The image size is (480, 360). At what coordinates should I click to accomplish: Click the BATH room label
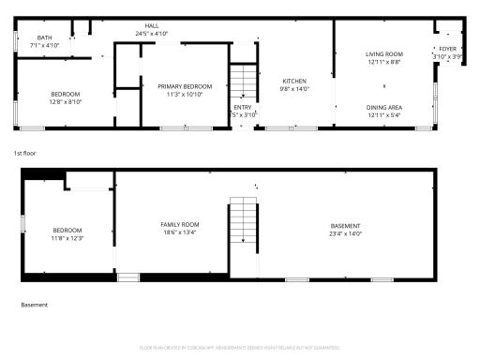(x=44, y=38)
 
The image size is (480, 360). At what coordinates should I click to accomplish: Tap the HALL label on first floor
(x=151, y=26)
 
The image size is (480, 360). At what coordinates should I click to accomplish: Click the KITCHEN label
(x=295, y=82)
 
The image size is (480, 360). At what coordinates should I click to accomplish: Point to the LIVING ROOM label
(x=384, y=54)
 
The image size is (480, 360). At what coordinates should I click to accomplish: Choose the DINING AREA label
(x=384, y=108)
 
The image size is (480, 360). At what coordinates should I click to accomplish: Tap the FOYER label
(x=448, y=49)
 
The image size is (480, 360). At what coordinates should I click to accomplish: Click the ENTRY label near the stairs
(x=242, y=107)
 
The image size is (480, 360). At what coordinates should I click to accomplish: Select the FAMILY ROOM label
(x=180, y=224)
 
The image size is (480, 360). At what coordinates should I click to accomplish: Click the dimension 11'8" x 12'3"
(x=67, y=238)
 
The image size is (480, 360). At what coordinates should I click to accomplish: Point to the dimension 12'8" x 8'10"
(x=66, y=101)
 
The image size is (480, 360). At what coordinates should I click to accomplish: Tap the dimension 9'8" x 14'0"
(x=295, y=89)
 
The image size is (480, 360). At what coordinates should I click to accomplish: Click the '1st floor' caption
(x=23, y=152)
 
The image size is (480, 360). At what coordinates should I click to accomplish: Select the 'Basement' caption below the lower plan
(x=34, y=305)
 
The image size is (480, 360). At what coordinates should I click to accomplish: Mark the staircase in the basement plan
(x=243, y=223)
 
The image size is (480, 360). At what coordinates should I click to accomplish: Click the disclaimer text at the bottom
(x=239, y=346)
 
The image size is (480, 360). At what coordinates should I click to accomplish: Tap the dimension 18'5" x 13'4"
(x=180, y=232)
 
